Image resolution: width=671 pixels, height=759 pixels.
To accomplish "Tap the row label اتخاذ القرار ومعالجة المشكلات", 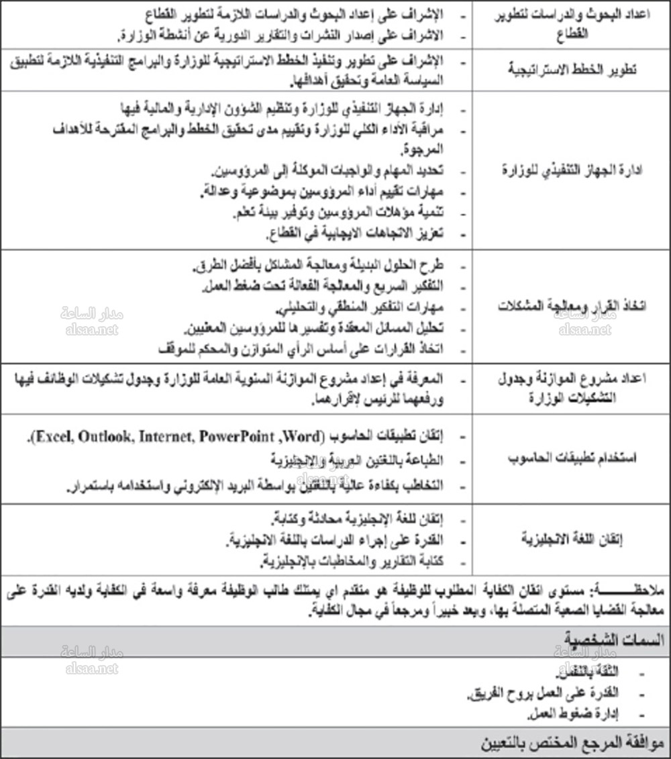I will coord(570,306).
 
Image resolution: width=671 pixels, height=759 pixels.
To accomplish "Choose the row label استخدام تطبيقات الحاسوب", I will coord(570,458).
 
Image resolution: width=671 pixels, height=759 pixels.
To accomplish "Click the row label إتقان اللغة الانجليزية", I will coord(570,538).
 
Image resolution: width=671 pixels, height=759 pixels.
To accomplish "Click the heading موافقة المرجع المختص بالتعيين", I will coord(570,744).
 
